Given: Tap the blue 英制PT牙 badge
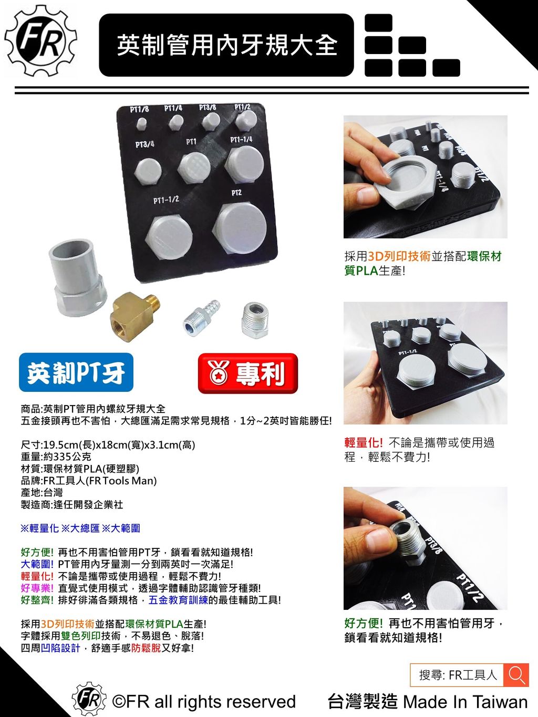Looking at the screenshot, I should click(76, 373).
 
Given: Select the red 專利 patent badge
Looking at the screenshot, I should click(247, 373).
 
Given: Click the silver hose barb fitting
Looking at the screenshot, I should click(201, 317).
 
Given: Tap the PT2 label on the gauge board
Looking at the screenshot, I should click(236, 193).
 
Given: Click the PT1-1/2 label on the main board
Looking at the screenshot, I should click(166, 200).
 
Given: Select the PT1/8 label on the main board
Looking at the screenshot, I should click(140, 109).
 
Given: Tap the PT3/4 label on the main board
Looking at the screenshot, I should click(144, 144).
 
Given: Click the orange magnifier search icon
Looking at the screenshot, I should click(516, 675).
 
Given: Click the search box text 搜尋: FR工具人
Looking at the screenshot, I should click(457, 675).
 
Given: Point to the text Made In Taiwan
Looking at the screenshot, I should click(465, 702).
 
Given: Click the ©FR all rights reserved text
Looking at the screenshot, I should click(204, 702).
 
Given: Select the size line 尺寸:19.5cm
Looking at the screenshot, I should click(108, 445).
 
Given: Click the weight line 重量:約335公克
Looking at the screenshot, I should click(56, 456).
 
